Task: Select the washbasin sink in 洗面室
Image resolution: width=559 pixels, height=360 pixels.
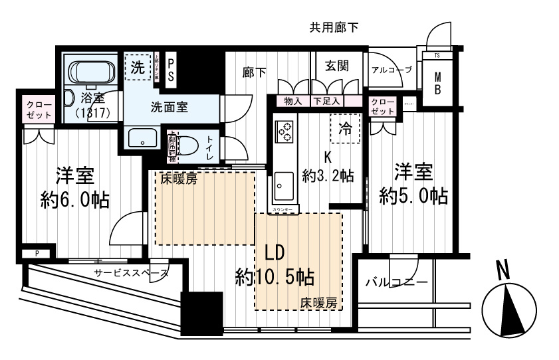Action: tap(140, 139)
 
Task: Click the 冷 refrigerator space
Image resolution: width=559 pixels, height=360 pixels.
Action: tap(345, 129)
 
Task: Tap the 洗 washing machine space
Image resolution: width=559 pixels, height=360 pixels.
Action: tap(138, 66)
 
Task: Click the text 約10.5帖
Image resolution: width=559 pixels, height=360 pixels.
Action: tap(275, 276)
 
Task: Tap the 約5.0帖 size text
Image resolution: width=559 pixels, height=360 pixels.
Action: tap(413, 195)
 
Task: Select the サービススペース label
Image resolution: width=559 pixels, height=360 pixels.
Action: tap(131, 273)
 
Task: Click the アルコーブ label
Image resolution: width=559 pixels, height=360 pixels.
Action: tap(391, 70)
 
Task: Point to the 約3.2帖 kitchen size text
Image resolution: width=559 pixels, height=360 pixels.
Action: tap(327, 176)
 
